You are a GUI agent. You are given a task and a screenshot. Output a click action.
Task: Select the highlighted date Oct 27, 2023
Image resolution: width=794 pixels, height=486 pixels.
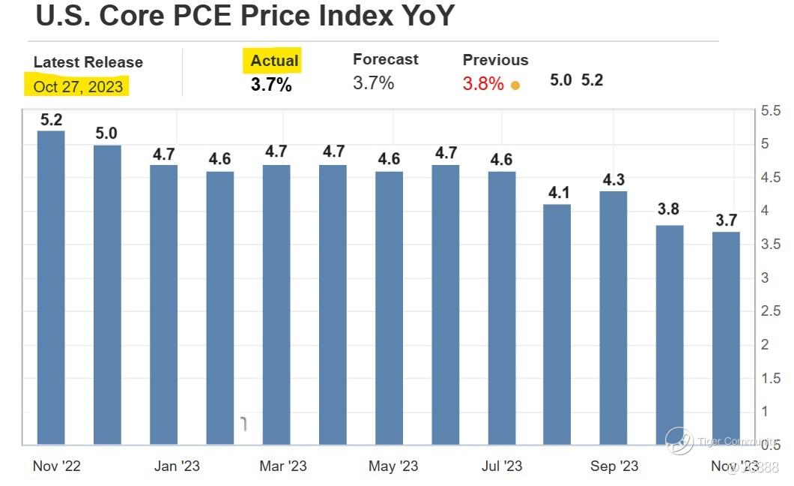click(78, 87)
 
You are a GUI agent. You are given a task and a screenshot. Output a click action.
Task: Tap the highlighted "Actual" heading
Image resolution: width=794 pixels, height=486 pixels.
click(274, 61)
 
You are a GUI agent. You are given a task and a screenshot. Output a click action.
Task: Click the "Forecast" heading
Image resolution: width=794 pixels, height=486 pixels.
click(385, 59)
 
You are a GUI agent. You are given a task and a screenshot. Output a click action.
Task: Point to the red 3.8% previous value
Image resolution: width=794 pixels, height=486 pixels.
click(483, 83)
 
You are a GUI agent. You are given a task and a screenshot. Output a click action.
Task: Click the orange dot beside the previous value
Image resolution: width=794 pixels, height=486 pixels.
click(515, 85)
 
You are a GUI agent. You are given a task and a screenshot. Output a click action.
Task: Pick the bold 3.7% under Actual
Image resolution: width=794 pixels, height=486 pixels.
click(271, 84)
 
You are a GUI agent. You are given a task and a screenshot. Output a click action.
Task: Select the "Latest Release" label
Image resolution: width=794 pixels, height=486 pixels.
click(88, 62)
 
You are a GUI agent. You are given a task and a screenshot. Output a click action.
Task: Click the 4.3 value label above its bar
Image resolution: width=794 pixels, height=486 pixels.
click(614, 180)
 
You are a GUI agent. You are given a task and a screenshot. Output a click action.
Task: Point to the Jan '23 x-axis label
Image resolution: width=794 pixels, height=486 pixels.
click(178, 466)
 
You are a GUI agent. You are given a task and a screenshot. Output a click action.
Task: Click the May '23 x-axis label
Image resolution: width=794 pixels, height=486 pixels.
click(393, 466)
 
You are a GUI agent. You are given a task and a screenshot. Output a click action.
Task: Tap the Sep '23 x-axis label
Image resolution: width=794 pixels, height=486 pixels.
click(614, 466)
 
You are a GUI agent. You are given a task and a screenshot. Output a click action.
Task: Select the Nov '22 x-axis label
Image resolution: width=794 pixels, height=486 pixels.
click(57, 466)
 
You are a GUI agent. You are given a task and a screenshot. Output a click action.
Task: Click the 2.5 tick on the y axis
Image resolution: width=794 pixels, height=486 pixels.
click(772, 311)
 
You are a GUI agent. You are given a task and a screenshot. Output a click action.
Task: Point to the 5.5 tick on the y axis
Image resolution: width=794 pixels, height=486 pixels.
click(772, 111)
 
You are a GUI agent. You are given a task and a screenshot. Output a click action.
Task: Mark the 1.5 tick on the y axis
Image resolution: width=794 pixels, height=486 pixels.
click(772, 378)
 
